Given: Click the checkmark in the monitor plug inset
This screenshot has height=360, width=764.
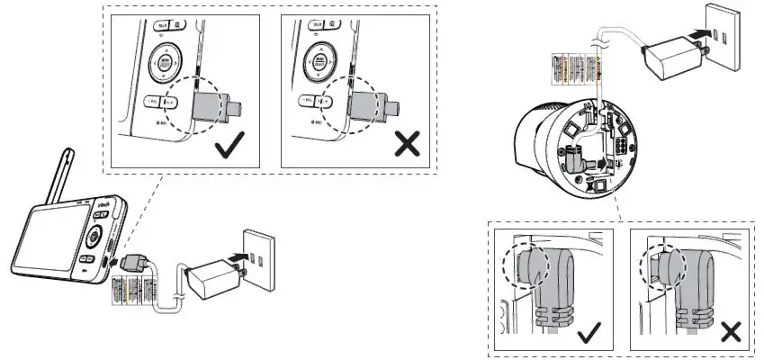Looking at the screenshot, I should click(231, 144).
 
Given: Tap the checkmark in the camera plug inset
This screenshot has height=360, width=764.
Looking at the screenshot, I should click(589, 335).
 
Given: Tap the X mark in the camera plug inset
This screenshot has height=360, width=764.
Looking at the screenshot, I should click(730, 334).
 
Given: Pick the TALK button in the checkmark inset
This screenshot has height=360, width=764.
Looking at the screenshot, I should click(164, 28).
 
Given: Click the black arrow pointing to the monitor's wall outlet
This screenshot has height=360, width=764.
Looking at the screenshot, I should click(237, 257).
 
